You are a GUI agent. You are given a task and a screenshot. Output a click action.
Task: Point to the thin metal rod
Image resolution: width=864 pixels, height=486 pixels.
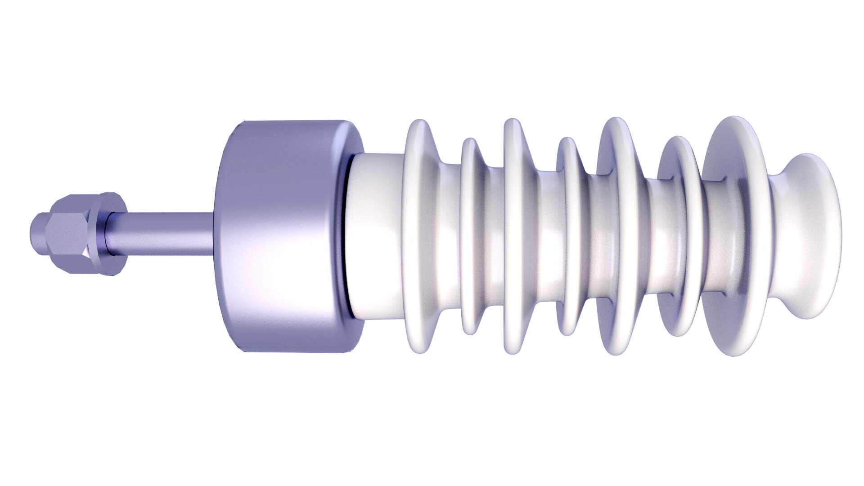point(166,234)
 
